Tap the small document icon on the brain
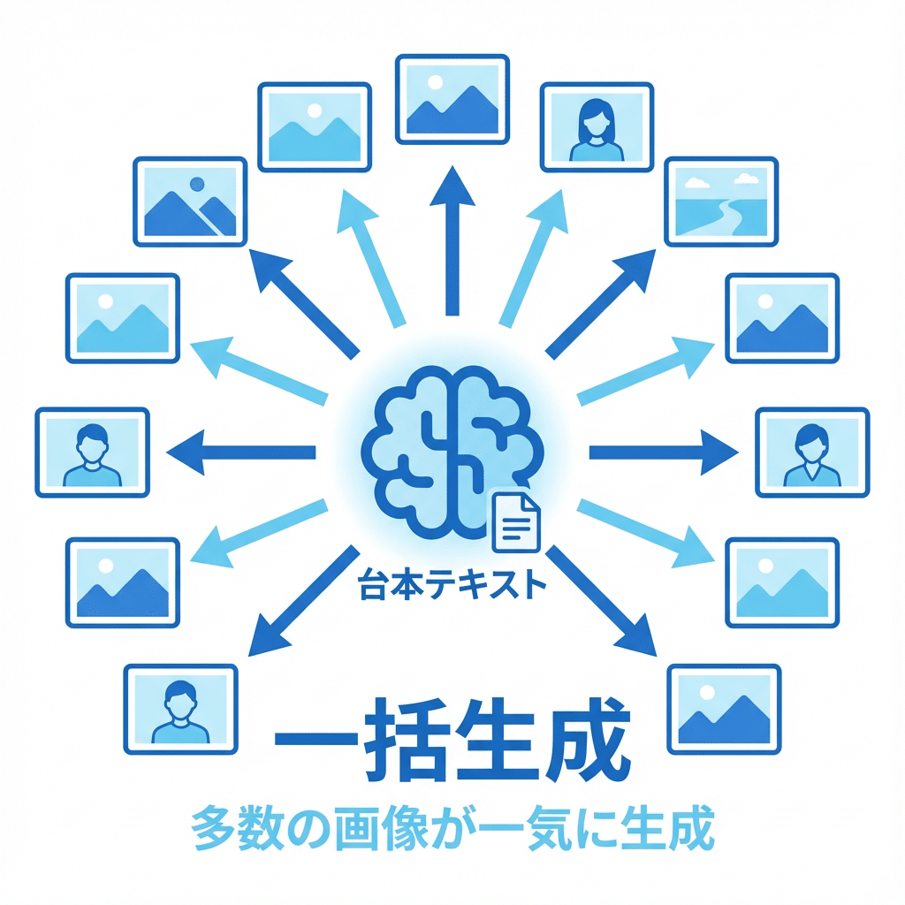click(x=516, y=521)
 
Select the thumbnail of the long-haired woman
click(x=596, y=125)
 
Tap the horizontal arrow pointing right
click(x=663, y=452)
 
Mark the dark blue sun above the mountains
click(x=196, y=185)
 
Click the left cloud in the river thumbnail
click(x=696, y=184)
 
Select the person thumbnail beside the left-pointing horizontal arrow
click(x=91, y=452)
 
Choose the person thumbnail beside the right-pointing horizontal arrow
click(x=812, y=452)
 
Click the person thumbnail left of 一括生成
click(x=180, y=708)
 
